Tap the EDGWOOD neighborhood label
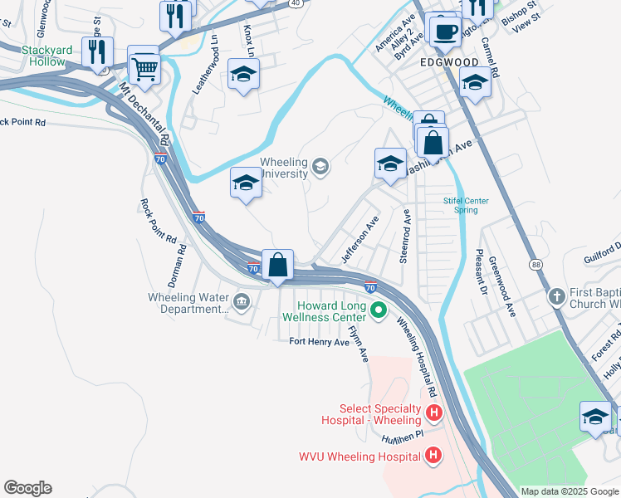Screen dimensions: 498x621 click(449, 62)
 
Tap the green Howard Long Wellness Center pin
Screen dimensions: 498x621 click(379, 312)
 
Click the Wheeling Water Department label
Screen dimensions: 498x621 click(187, 303)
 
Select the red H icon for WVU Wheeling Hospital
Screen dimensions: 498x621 click(433, 455)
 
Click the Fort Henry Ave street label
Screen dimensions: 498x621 click(319, 341)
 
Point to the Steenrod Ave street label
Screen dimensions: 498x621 click(407, 237)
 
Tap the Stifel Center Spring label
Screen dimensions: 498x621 click(466, 205)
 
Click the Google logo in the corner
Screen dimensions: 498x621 click(27, 488)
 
